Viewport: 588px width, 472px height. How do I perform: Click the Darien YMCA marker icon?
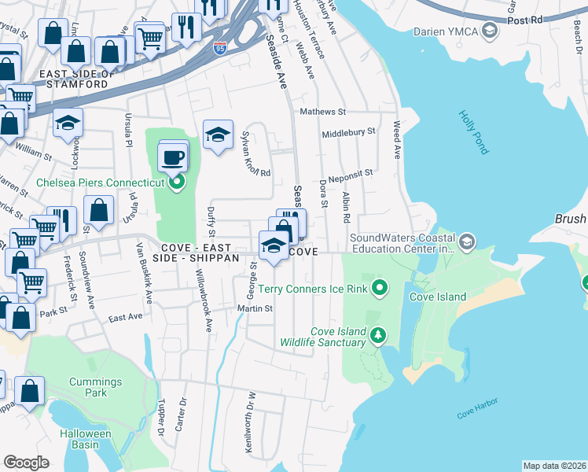(491, 31)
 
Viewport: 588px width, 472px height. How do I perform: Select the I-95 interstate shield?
(221, 49)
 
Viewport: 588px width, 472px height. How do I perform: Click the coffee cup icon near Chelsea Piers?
(174, 157)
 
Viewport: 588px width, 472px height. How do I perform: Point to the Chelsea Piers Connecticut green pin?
(177, 183)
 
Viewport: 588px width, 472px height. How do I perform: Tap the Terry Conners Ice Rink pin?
(380, 289)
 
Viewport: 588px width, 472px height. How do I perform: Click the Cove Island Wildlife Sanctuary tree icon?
(379, 337)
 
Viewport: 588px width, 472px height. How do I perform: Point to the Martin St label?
(255, 308)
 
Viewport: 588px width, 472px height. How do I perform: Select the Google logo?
(26, 462)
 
